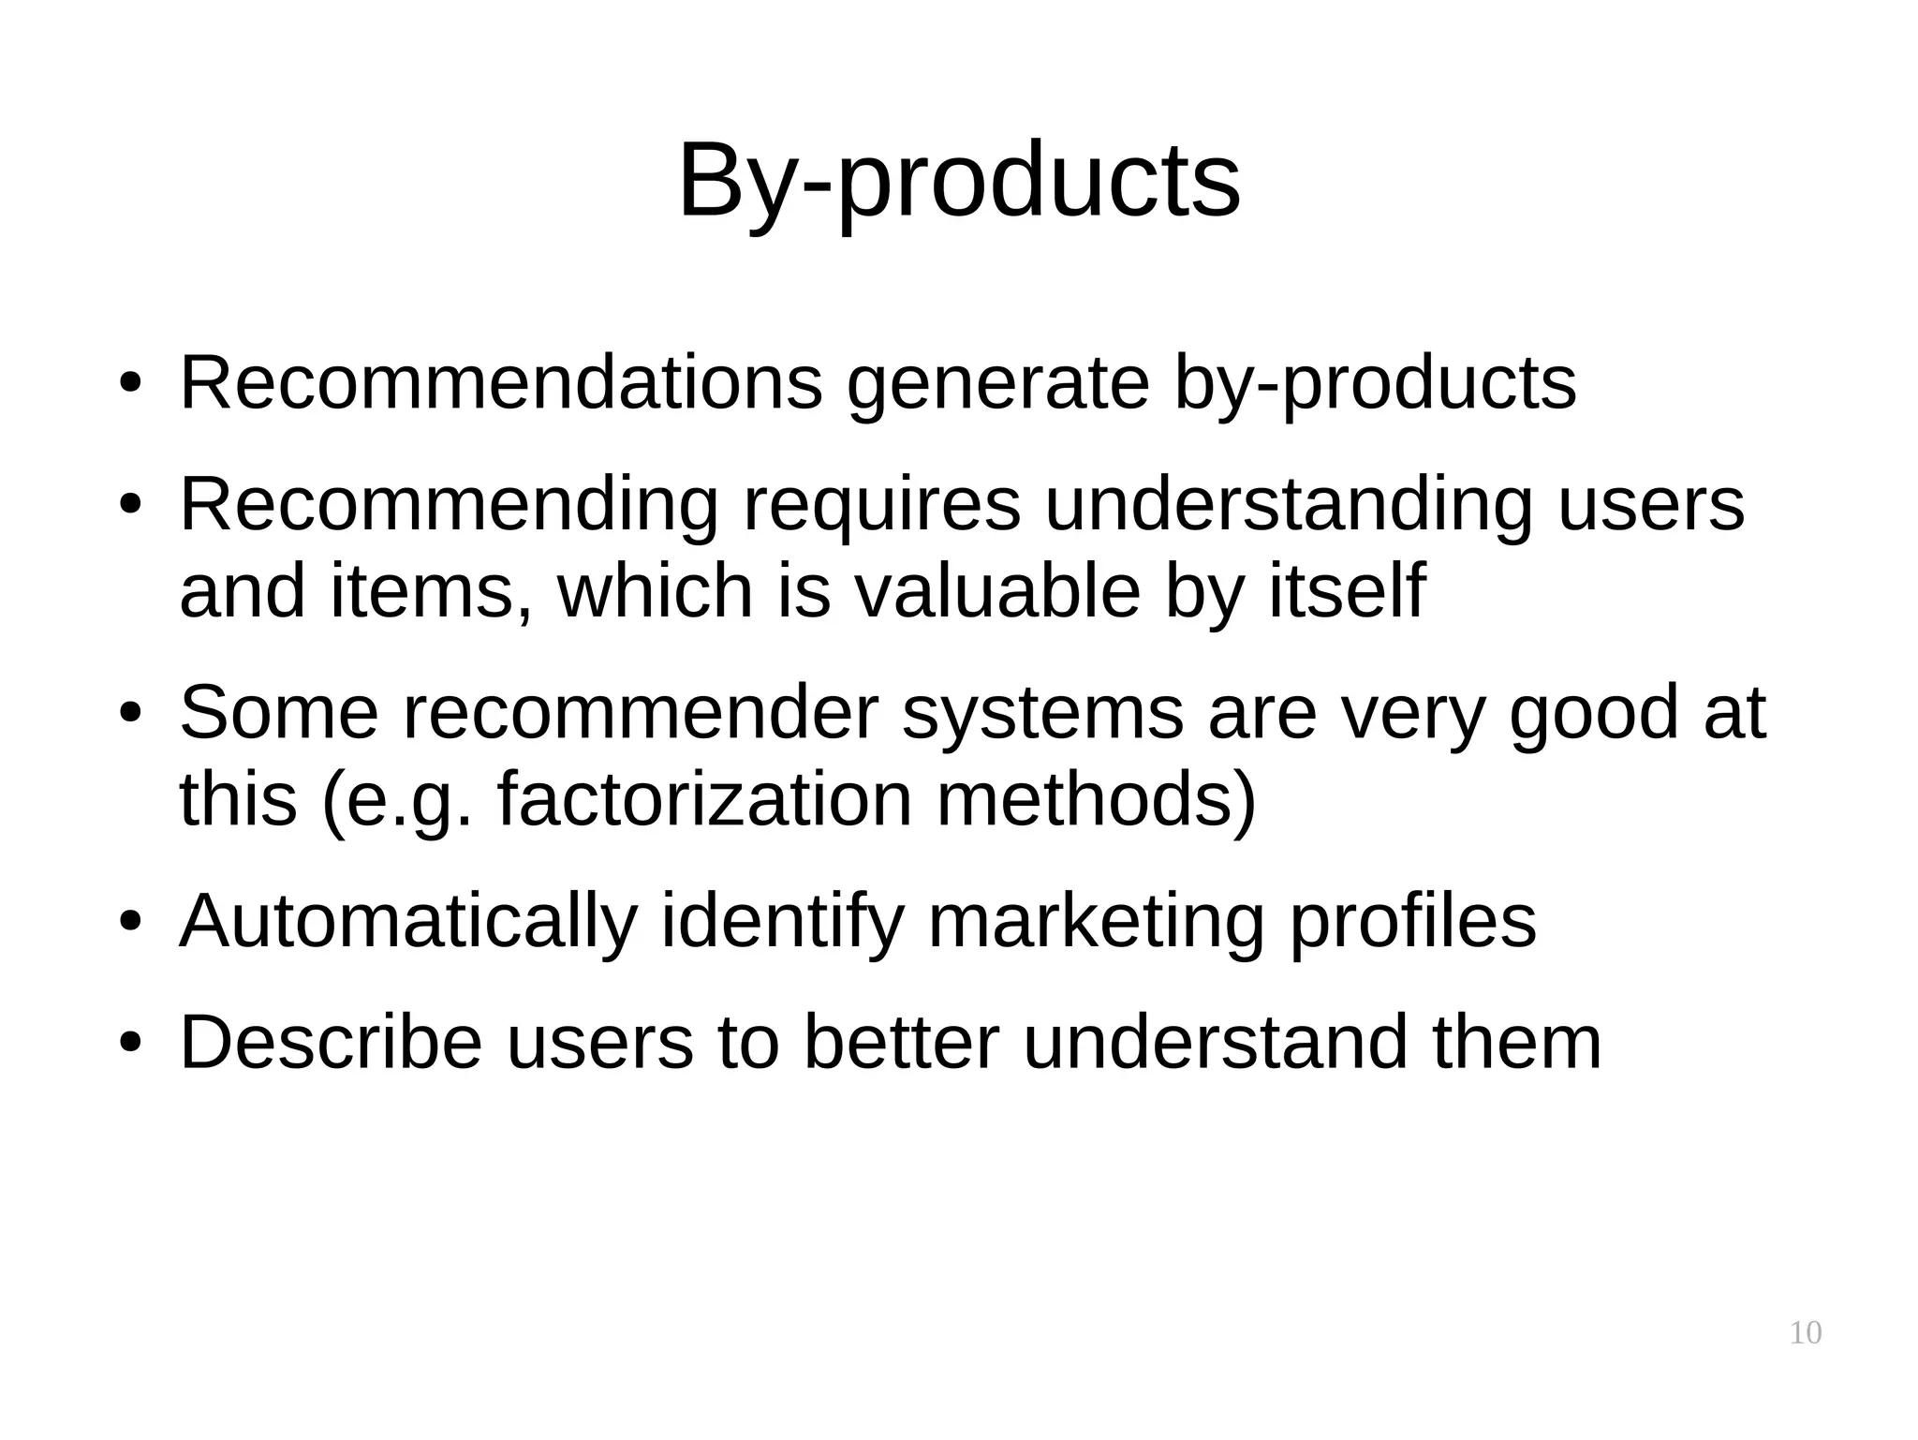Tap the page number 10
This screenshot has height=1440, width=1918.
pos(1805,1333)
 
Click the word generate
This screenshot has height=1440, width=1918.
pos(997,384)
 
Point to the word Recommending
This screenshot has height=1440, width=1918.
pos(448,506)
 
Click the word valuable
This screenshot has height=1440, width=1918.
pos(997,591)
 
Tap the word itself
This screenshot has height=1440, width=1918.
pos(1347,591)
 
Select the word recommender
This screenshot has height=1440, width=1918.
pos(642,713)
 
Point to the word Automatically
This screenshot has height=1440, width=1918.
pos(408,922)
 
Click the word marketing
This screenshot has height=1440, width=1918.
pos(1096,922)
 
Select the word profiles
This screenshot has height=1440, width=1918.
pos(1412,922)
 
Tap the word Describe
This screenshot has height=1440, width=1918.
pos(331,1042)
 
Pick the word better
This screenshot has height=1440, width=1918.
pos(902,1042)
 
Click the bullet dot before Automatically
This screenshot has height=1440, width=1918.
pos(130,923)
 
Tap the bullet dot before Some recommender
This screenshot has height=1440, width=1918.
pos(130,715)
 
